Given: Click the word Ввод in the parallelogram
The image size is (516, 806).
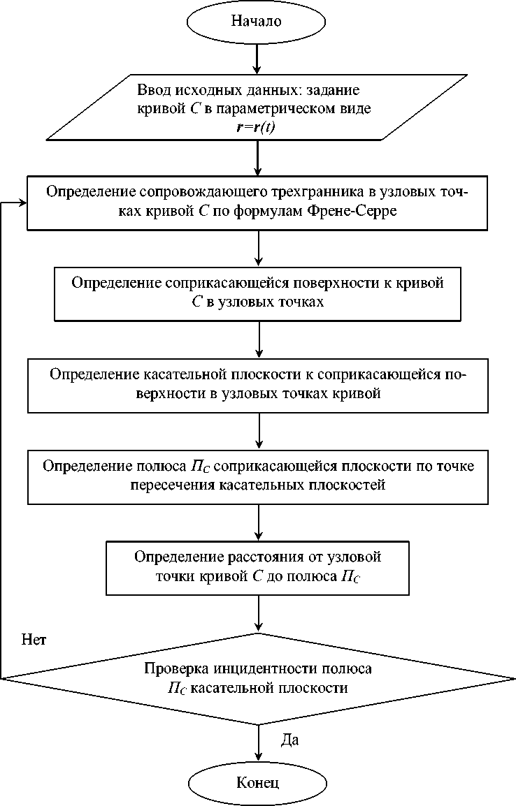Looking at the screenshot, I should tap(153, 91).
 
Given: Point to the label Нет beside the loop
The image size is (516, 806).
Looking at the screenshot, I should tap(34, 639).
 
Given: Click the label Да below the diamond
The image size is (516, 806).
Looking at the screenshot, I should tap(290, 740).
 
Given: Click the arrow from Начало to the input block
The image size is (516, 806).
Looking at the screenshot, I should tap(258, 58).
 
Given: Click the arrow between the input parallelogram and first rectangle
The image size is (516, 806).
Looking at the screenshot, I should tap(258, 157).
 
